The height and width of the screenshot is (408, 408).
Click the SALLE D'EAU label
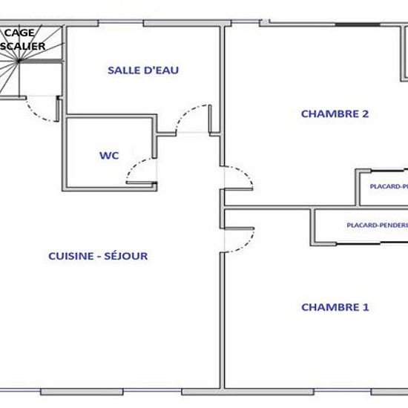(143, 70)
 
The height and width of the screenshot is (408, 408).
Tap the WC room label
(109, 156)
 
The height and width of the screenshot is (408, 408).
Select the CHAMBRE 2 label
(335, 113)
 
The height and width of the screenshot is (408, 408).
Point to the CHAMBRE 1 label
(335, 306)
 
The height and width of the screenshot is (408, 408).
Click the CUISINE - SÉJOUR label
(98, 256)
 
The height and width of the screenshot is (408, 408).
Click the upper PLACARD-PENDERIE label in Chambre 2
(388, 187)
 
